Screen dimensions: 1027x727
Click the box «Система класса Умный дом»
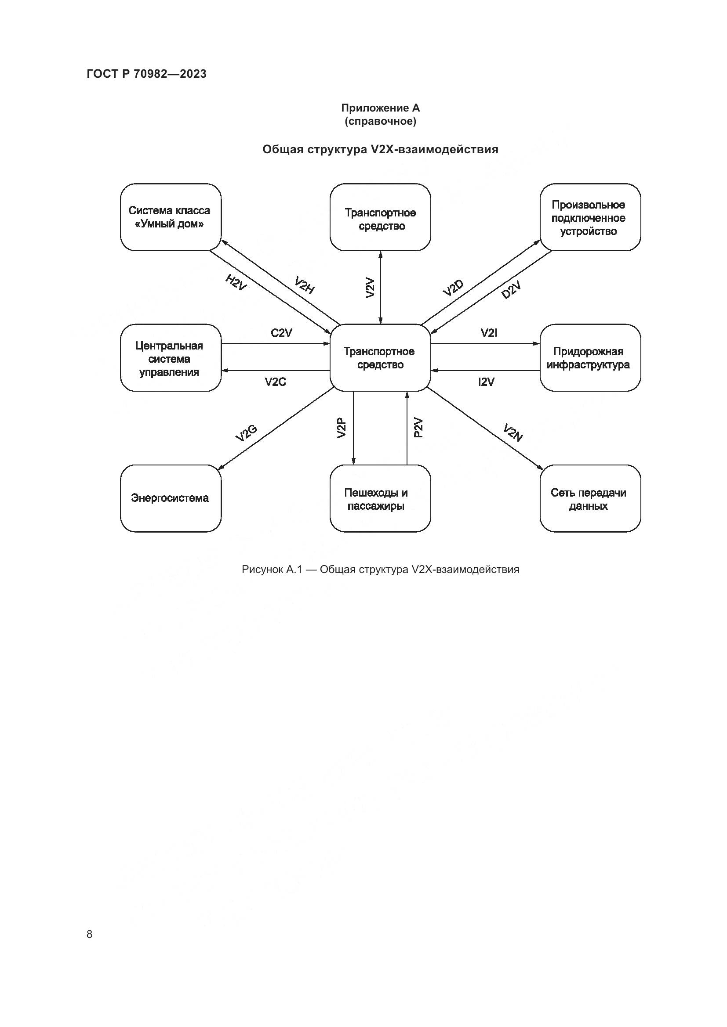[171, 217]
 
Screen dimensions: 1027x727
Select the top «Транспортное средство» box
[380, 217]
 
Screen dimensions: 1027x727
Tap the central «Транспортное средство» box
[380, 358]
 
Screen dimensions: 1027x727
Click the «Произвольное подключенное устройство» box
[589, 217]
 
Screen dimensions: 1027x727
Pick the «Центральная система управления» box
[171, 358]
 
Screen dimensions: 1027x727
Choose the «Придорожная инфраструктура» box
[589, 358]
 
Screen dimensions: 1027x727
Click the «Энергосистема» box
[171, 498]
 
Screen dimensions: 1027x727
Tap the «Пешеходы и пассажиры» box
[380, 498]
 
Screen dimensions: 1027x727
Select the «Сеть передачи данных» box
[589, 498]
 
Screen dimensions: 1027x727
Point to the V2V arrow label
[370, 288]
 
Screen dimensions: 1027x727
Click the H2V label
[236, 282]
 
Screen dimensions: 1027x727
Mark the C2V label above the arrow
[282, 333]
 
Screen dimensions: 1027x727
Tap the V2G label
[246, 432]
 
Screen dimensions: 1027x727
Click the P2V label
[418, 428]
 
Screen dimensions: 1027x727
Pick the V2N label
[513, 432]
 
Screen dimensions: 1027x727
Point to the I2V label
[487, 382]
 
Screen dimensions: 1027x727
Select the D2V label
[511, 290]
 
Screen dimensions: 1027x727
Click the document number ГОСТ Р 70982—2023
[146, 74]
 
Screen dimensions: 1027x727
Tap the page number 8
[90, 934]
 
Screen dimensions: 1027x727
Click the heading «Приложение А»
[380, 108]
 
